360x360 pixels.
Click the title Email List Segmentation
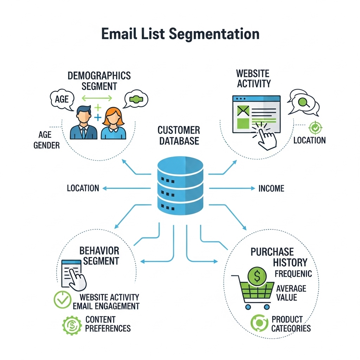click(x=180, y=34)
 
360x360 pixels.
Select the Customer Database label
click(x=179, y=136)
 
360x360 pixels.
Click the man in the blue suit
click(x=83, y=123)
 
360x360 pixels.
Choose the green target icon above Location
click(x=314, y=127)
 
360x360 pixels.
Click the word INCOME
click(x=271, y=188)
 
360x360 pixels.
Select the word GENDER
click(x=47, y=145)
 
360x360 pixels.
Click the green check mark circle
click(x=62, y=300)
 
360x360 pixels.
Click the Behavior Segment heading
click(x=99, y=256)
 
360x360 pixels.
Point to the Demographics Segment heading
click(x=99, y=81)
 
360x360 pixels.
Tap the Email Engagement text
click(x=106, y=306)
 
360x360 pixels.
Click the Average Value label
click(x=291, y=293)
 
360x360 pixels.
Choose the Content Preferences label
click(x=108, y=324)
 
